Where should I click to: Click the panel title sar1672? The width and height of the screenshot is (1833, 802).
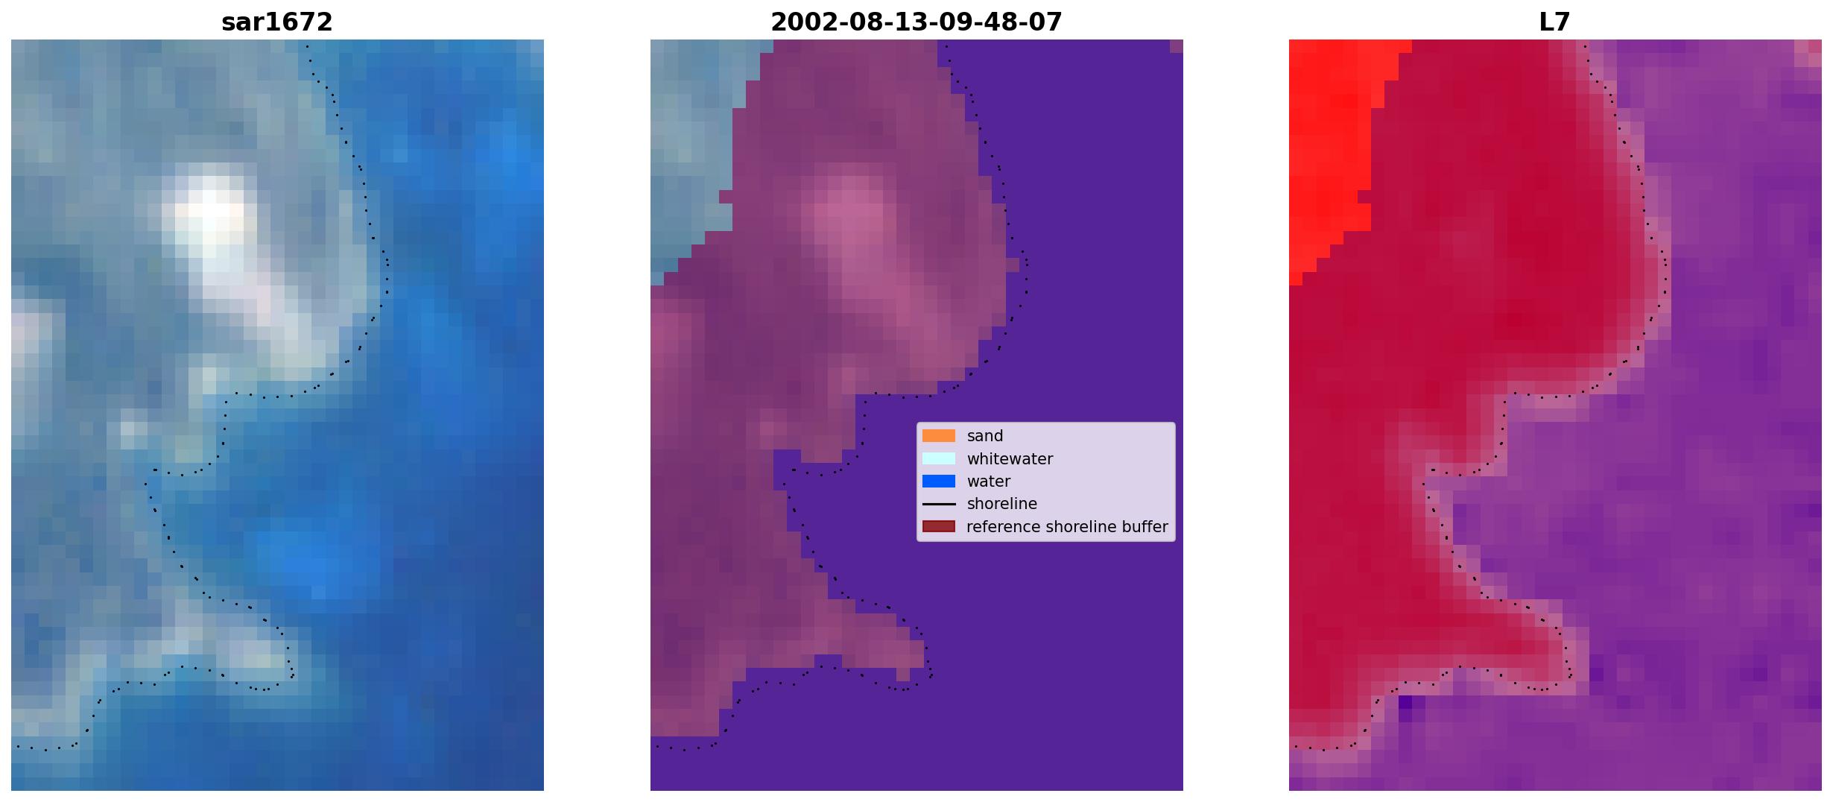(276, 22)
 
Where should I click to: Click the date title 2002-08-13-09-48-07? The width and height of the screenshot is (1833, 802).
(916, 22)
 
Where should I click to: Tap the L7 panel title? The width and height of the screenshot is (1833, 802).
(1554, 22)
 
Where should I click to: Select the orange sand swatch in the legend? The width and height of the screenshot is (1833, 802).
(938, 436)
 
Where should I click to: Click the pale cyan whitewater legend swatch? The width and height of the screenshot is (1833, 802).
(938, 458)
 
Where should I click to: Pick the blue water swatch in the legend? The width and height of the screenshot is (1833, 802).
(938, 481)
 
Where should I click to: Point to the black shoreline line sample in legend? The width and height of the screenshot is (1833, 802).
(938, 505)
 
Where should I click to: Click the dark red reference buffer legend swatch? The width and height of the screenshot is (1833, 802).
(938, 527)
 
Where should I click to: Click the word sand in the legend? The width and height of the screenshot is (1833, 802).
(985, 436)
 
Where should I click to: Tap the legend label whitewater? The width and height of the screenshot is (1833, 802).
(1010, 459)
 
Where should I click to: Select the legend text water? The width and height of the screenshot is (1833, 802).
(989, 481)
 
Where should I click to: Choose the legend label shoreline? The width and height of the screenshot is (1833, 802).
(1001, 505)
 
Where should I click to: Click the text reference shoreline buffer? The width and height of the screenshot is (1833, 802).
(1067, 527)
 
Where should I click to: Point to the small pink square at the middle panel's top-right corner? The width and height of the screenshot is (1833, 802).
(1176, 46)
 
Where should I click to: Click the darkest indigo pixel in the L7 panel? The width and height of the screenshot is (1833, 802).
(1405, 702)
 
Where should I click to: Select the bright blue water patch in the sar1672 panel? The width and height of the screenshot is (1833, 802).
(305, 559)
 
